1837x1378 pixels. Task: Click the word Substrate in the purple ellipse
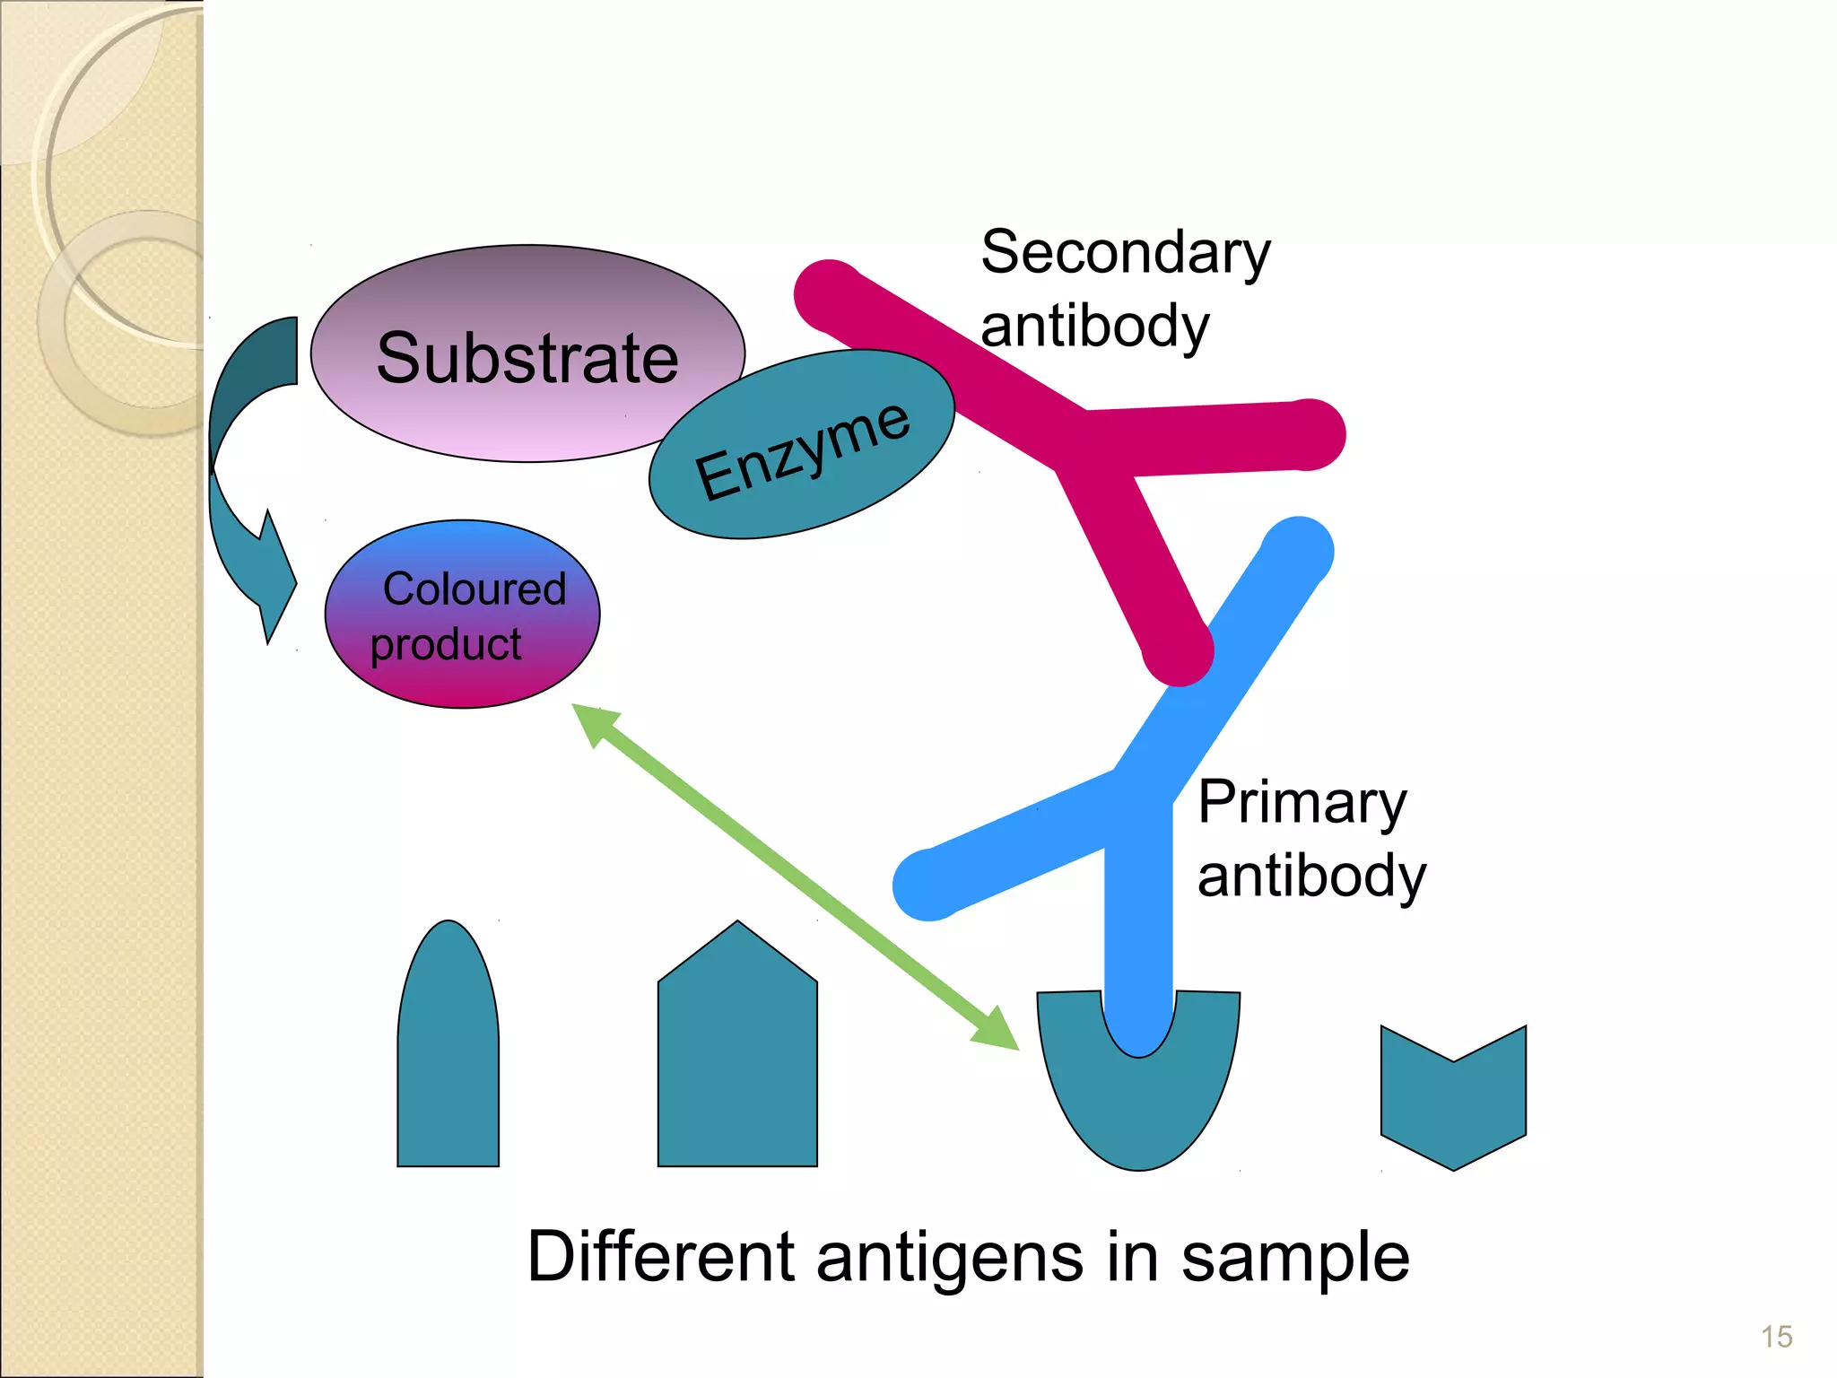[x=527, y=358]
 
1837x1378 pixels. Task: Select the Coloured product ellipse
[x=462, y=615]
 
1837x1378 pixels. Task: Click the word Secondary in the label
[x=1125, y=254]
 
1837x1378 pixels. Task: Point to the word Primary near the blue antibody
[x=1302, y=802]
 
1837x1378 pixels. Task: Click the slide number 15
[x=1776, y=1337]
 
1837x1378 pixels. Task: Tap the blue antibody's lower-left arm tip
[x=928, y=884]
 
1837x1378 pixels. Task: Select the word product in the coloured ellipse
[x=446, y=645]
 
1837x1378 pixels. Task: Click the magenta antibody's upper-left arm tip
[x=830, y=296]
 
